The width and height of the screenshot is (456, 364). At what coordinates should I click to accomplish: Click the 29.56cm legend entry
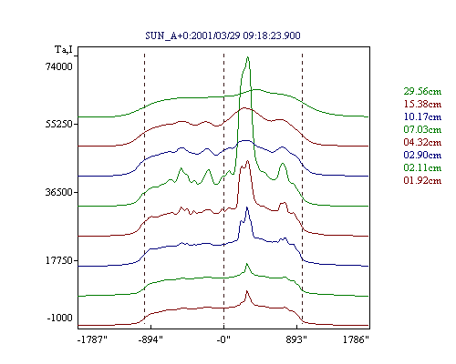point(422,91)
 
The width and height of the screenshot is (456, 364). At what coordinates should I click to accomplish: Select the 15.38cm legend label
point(422,104)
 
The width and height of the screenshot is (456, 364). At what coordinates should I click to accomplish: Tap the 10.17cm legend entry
point(422,116)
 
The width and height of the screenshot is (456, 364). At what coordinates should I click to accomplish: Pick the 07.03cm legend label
point(422,129)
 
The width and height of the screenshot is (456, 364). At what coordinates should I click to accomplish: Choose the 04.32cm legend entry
point(422,142)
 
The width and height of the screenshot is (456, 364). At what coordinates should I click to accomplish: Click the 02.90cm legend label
point(422,155)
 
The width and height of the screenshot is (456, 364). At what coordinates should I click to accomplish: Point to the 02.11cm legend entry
point(422,167)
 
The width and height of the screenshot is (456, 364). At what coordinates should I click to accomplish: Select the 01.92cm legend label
point(422,180)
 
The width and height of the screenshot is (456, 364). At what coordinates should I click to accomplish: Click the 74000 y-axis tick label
point(59,66)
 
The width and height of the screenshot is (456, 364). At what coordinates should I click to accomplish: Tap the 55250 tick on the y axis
point(59,124)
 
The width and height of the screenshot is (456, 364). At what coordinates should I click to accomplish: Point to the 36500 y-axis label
point(59,192)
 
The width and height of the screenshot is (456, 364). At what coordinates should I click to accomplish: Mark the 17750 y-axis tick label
point(59,260)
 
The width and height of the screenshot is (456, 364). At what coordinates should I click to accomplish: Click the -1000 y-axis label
point(60,318)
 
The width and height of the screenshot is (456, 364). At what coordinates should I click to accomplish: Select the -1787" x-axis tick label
point(92,339)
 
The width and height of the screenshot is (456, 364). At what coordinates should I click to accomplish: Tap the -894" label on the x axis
point(150,339)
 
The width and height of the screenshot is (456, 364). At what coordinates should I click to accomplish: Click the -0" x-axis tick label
point(223,339)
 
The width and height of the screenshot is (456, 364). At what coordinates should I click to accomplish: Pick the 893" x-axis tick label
point(296,339)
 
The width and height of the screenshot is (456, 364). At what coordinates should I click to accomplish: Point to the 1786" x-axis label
point(356,339)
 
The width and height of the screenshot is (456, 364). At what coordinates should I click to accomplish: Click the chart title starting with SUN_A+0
point(223,35)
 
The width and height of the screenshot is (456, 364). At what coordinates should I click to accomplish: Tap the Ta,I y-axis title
point(64,49)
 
